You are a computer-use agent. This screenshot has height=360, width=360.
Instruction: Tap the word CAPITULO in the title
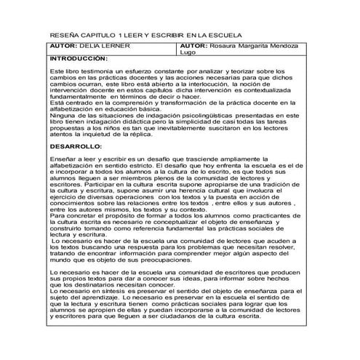[97, 36]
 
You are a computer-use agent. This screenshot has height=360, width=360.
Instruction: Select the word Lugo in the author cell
[187, 53]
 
